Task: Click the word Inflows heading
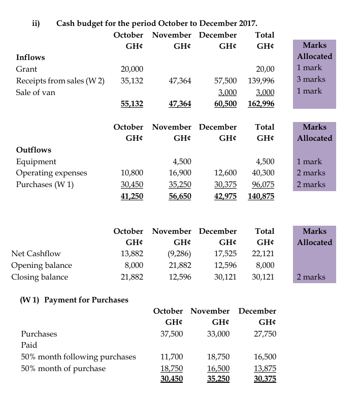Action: coord(30,57)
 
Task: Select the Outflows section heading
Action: coord(34,150)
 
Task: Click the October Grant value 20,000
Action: coord(132,69)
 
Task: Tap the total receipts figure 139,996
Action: coord(261,81)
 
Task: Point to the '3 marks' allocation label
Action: coord(311,79)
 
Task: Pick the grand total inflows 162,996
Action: coord(261,104)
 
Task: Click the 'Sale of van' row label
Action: coord(36,92)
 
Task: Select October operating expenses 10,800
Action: coord(132,173)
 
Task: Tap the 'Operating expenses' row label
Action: coord(51,173)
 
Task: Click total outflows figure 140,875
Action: coord(261,196)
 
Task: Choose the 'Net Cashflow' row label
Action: coord(36,254)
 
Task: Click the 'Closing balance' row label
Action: coord(40,277)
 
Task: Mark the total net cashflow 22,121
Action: coord(264,254)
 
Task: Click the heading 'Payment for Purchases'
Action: coord(86,300)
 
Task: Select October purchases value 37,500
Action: coord(172,334)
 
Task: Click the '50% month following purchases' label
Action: coord(78,357)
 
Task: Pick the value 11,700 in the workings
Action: coord(172,357)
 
